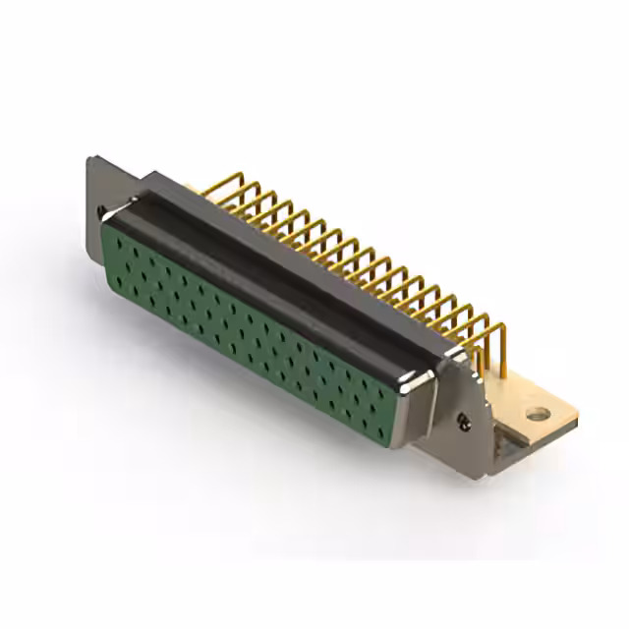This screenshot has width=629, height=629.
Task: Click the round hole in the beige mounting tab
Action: pyautogui.click(x=537, y=414)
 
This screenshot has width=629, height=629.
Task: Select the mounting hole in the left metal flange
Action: pyautogui.click(x=102, y=210)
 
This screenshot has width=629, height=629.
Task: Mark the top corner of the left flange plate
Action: pyautogui.click(x=90, y=159)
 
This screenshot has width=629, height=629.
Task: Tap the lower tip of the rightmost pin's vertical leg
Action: pyautogui.click(x=503, y=376)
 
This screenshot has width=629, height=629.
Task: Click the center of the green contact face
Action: pyautogui.click(x=251, y=324)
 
